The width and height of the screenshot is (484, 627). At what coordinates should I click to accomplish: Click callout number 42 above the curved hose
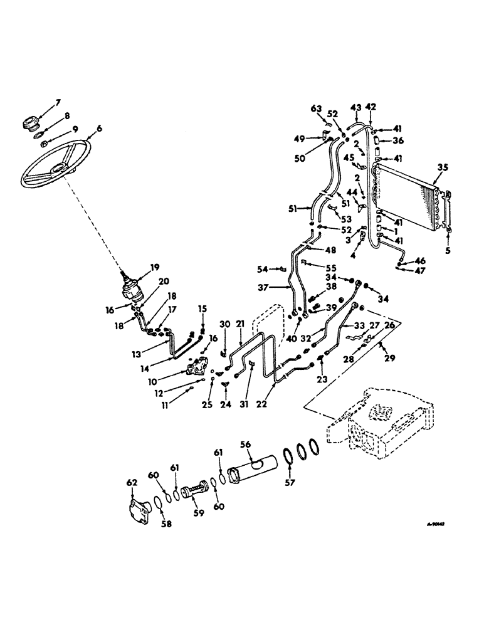(x=371, y=107)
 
